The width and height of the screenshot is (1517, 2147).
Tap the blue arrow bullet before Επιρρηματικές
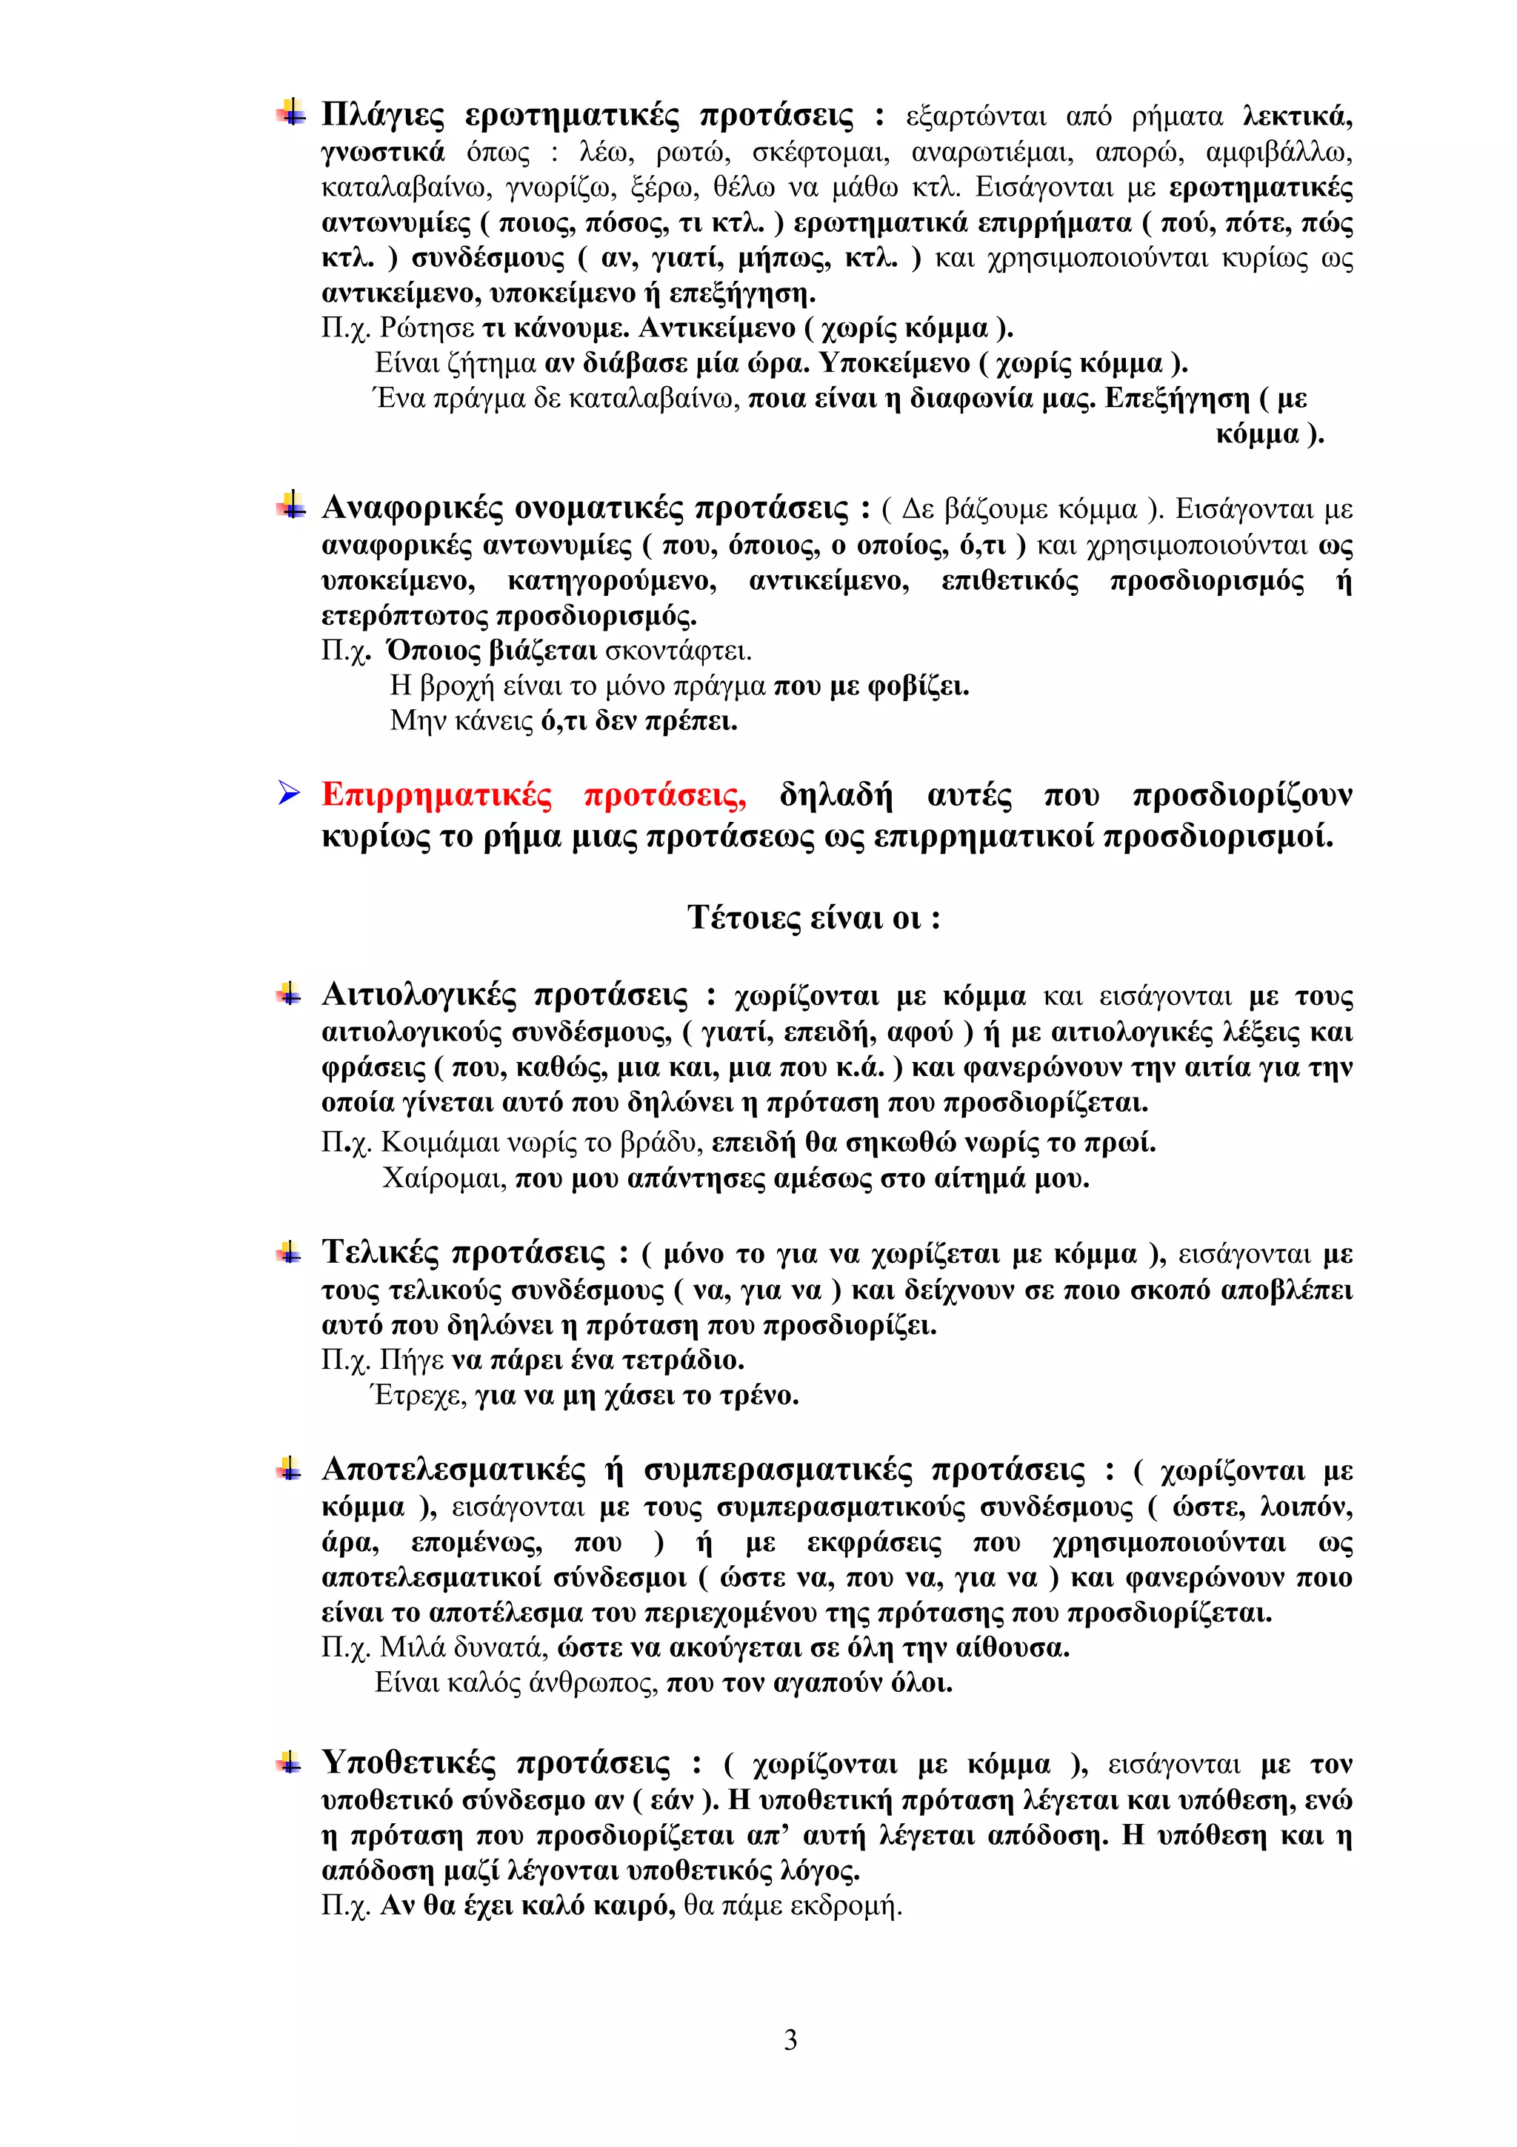pyautogui.click(x=289, y=794)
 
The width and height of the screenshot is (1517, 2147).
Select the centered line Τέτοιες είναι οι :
pyautogui.click(x=813, y=917)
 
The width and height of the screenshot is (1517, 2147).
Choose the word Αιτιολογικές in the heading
pyautogui.click(x=418, y=995)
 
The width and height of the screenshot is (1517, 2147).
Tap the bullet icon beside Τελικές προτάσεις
pyautogui.click(x=289, y=1252)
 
